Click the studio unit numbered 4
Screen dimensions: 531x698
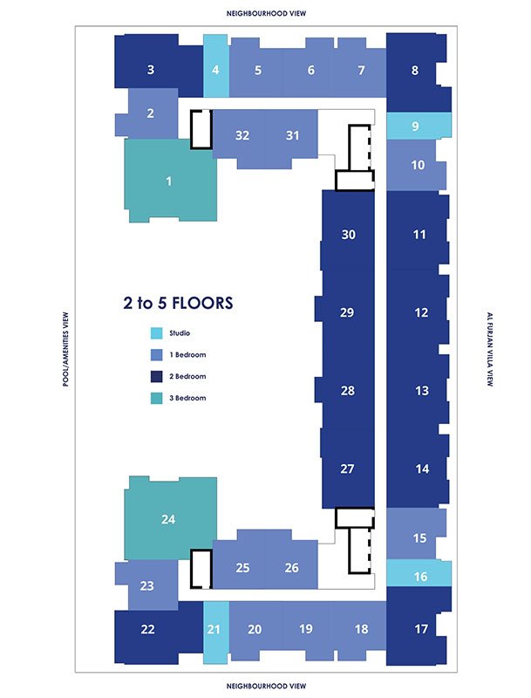tap(216, 66)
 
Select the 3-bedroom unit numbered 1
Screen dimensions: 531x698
tap(170, 181)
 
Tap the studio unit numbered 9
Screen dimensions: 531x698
tap(419, 126)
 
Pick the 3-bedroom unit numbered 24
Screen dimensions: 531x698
tap(170, 518)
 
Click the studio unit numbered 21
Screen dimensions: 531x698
tap(216, 633)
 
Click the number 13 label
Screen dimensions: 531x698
tap(422, 390)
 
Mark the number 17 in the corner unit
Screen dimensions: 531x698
tap(421, 628)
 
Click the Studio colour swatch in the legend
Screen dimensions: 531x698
tap(156, 333)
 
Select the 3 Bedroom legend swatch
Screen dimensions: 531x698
tap(156, 398)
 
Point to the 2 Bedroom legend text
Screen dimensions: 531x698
tap(187, 376)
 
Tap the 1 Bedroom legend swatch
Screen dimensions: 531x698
tap(156, 355)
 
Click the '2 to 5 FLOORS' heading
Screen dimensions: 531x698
tap(178, 303)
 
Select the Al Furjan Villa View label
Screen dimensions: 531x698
tap(490, 349)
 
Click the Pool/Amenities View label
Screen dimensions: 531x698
tap(65, 349)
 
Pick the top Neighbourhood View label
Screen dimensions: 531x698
tap(266, 13)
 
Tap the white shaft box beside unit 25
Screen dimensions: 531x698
tap(201, 569)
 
